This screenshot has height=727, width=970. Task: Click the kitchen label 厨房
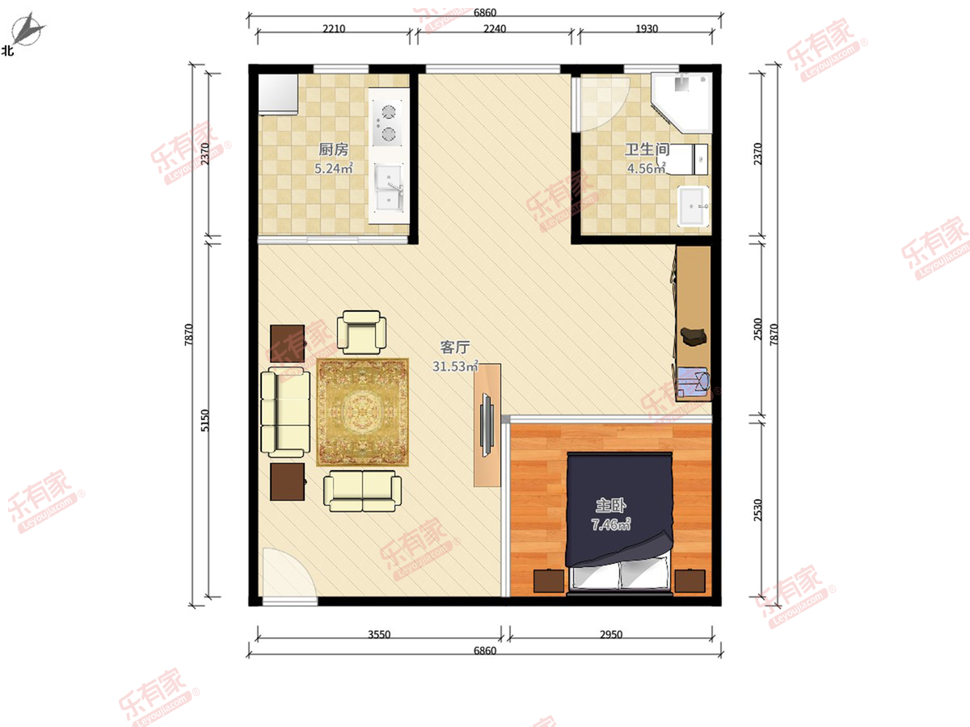click(x=333, y=149)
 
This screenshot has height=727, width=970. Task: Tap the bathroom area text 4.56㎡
click(x=646, y=168)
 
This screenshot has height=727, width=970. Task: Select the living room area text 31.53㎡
click(x=455, y=366)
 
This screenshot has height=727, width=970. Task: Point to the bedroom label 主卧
click(x=611, y=506)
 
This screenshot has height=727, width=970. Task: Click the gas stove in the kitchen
click(x=387, y=122)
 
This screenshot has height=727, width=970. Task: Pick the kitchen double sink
click(x=389, y=187)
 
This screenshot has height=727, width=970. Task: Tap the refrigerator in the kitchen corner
click(x=278, y=95)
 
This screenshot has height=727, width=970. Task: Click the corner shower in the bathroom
click(x=681, y=103)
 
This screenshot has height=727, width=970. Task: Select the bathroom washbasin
click(x=694, y=206)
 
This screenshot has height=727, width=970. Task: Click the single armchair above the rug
click(x=361, y=332)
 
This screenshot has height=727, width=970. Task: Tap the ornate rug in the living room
click(x=362, y=412)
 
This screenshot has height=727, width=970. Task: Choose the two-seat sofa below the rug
click(x=362, y=491)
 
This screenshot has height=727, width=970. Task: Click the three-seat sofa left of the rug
click(x=285, y=412)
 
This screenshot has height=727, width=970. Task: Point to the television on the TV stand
click(x=487, y=425)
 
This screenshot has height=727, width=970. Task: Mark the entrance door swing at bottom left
click(x=289, y=574)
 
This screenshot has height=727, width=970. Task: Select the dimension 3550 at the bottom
click(x=379, y=634)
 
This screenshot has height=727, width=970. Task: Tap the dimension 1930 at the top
click(x=647, y=29)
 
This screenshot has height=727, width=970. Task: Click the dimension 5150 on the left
click(x=205, y=421)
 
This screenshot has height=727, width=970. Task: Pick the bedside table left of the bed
click(x=549, y=581)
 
